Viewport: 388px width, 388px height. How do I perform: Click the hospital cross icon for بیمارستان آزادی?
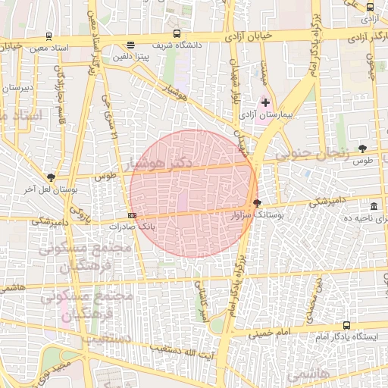[265, 102]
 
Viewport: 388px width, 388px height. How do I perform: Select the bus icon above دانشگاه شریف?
[177, 34]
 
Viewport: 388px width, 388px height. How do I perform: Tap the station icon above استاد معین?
[49, 35]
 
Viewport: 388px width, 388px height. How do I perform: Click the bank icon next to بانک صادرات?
[133, 215]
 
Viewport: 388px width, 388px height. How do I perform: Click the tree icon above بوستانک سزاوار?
[257, 202]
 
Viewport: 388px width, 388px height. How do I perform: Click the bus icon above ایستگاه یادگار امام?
[347, 325]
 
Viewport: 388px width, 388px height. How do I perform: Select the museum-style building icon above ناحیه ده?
[374, 206]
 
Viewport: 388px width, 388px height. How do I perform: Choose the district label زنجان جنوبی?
[311, 153]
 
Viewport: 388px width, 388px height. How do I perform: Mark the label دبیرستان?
[16, 88]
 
